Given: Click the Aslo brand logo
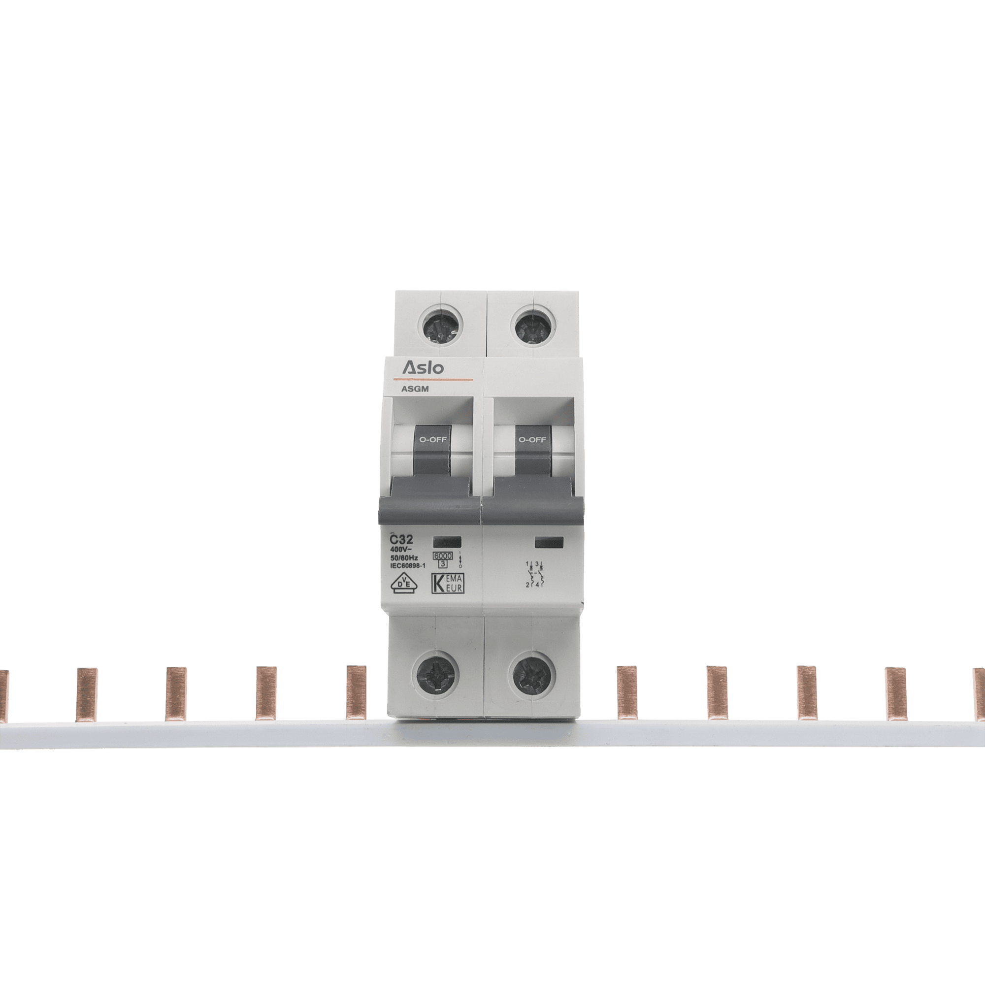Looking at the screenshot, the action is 423,367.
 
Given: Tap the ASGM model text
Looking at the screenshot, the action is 415,389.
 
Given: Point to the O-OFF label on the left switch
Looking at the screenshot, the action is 433,439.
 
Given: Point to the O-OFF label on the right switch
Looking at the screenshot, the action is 532,439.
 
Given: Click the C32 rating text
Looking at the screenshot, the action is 402,539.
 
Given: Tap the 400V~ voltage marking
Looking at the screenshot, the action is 401,550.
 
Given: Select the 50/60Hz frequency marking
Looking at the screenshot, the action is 404,558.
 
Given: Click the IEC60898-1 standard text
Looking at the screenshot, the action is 407,565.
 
